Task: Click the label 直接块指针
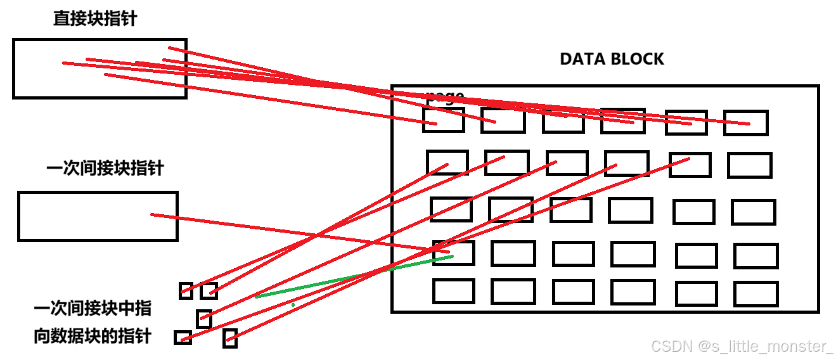click(94, 19)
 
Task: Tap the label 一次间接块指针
click(105, 169)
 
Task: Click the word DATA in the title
click(581, 60)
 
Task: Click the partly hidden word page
click(445, 96)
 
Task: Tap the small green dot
click(293, 305)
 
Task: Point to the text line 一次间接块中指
click(93, 309)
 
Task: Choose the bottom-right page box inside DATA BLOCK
click(756, 294)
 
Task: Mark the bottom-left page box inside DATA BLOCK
click(454, 291)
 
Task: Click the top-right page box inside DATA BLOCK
click(746, 123)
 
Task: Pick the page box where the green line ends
click(454, 253)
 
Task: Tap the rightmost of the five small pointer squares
click(230, 338)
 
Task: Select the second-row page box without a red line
click(750, 165)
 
